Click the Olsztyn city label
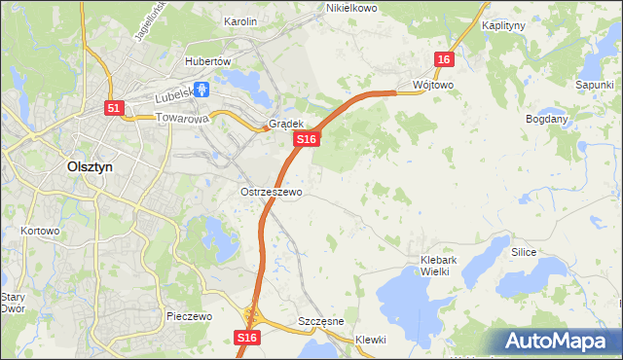coord(89,166)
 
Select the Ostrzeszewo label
coord(272,192)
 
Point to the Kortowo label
coord(40,232)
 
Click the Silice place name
coord(524,251)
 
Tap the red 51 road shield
coord(114,109)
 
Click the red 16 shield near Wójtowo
coord(445,60)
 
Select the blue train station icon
coord(202,90)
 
